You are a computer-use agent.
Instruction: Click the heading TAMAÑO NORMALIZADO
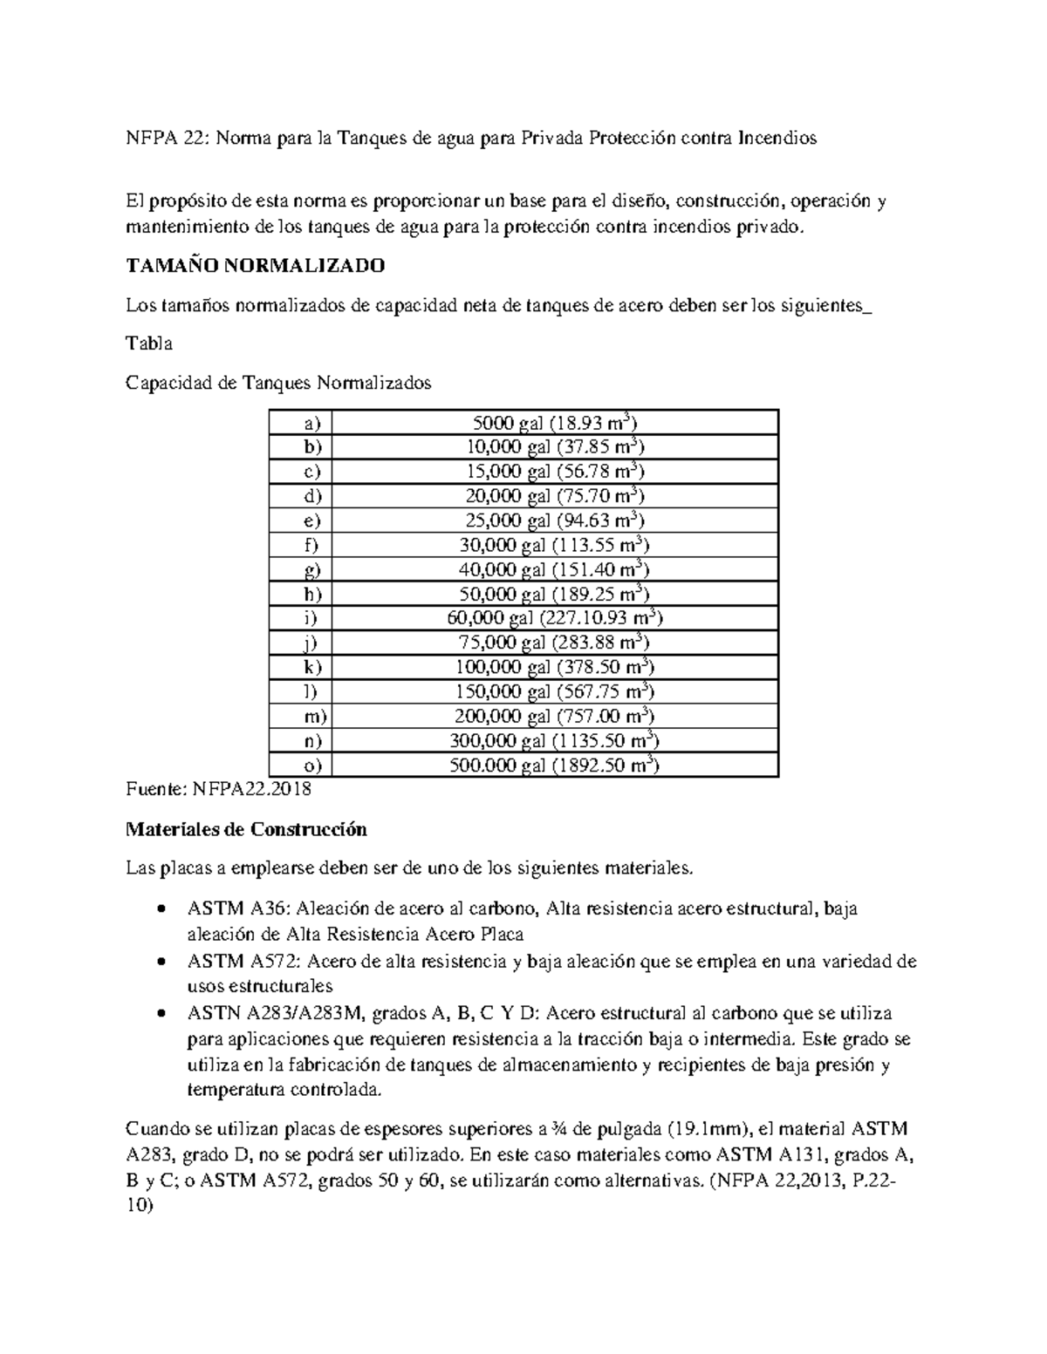tap(255, 266)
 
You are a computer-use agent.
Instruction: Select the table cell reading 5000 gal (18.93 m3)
tap(555, 424)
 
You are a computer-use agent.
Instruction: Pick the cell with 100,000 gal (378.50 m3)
tap(555, 668)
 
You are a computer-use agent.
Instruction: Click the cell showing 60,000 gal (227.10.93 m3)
tap(555, 619)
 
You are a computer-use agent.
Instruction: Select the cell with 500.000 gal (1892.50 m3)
tap(555, 765)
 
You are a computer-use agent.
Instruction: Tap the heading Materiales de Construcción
tap(246, 829)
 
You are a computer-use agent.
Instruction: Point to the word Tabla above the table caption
tap(149, 344)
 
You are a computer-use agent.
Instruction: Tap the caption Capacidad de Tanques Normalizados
tap(278, 383)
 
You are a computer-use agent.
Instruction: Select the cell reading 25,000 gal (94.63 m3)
tap(555, 521)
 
